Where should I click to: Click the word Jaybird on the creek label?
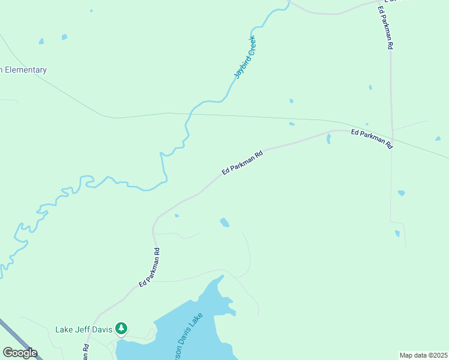tap(241, 67)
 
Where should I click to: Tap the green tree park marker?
tap(122, 328)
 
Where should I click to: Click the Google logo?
tap(20, 353)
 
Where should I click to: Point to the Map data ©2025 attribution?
tap(423, 355)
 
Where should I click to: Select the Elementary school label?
tap(24, 70)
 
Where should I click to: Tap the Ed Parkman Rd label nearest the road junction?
tap(372, 139)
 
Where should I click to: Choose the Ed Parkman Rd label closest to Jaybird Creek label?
tap(243, 163)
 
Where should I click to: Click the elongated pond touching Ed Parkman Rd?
tap(328, 139)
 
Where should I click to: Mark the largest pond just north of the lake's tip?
tap(224, 223)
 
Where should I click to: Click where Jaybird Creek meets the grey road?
tap(289, 4)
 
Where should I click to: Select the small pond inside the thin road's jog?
tap(397, 233)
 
